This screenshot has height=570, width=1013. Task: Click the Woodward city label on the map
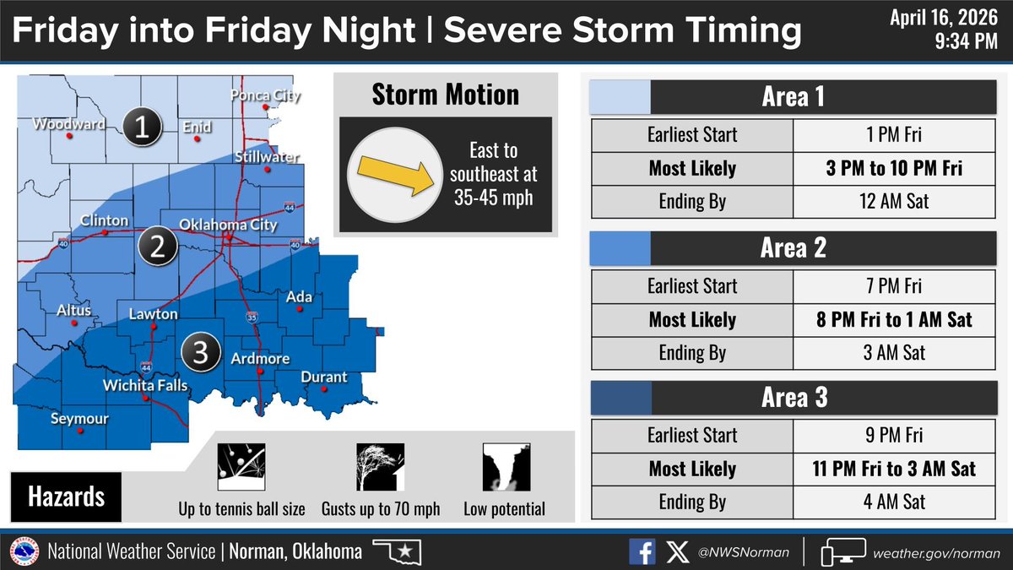(69, 125)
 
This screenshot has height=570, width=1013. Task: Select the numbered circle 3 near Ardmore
(201, 352)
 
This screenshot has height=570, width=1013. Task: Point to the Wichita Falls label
(146, 386)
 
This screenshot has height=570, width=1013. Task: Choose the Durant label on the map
(323, 377)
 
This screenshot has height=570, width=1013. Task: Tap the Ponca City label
(265, 96)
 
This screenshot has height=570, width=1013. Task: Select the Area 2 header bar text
(794, 247)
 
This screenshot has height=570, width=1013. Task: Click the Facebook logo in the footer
(642, 552)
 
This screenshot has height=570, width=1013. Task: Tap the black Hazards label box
(66, 496)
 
